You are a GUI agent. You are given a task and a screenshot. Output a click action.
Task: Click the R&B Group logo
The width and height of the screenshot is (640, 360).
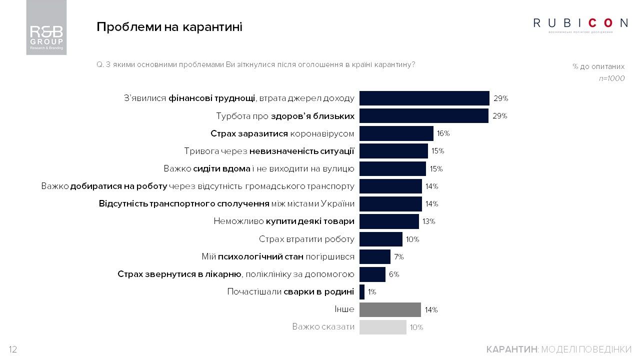click(x=46, y=27)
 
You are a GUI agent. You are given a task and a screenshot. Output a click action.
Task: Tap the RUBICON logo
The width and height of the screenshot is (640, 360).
click(x=580, y=23)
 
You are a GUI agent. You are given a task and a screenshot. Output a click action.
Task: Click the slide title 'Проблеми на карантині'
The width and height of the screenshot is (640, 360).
click(x=169, y=27)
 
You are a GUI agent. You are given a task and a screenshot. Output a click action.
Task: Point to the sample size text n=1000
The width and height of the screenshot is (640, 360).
click(x=611, y=78)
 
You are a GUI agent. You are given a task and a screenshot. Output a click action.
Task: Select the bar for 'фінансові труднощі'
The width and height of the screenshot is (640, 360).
click(x=424, y=98)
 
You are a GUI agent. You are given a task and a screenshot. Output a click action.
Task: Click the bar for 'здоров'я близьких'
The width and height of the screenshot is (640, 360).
click(x=423, y=116)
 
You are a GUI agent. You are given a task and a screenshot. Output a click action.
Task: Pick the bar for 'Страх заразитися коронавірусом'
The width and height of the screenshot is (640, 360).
click(x=396, y=133)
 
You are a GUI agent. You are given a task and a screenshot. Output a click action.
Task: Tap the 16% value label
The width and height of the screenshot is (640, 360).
click(x=443, y=133)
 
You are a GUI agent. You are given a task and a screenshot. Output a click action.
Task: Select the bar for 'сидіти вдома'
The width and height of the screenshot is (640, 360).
click(x=392, y=168)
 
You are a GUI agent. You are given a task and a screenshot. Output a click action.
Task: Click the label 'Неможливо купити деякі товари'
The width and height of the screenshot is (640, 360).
click(x=284, y=221)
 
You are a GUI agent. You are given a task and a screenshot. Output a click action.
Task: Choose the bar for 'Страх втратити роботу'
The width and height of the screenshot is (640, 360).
click(x=380, y=239)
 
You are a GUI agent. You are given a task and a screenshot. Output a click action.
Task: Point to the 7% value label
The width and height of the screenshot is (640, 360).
click(x=398, y=257)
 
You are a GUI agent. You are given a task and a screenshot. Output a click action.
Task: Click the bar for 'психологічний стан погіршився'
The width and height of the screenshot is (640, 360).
click(x=374, y=257)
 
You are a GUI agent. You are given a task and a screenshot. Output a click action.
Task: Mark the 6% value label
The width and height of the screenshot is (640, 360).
click(x=394, y=274)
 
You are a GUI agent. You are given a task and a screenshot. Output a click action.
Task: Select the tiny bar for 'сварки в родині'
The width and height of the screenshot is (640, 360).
click(x=362, y=292)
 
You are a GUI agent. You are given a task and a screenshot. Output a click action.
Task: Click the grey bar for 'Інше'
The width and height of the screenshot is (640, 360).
click(x=390, y=309)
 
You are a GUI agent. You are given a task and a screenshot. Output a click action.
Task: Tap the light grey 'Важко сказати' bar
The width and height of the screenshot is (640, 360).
click(x=382, y=327)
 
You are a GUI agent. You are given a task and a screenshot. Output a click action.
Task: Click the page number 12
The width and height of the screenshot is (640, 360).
click(x=13, y=349)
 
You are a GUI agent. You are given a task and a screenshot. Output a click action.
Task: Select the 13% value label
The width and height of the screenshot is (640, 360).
click(x=428, y=221)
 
